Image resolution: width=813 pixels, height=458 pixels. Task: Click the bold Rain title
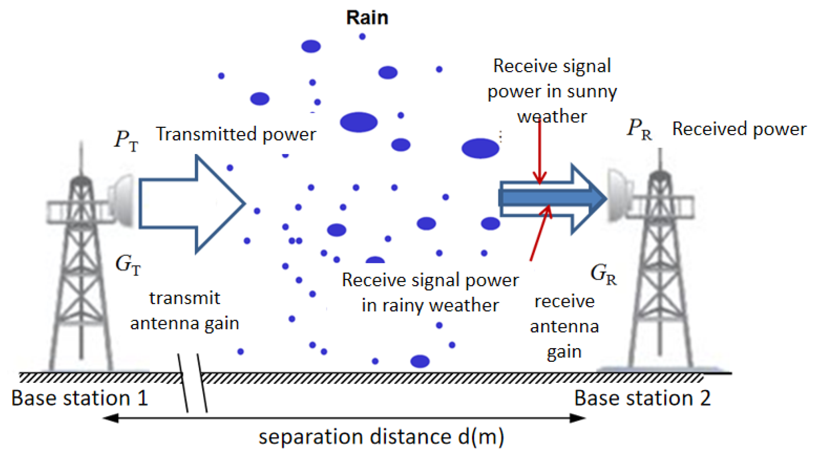pyautogui.click(x=367, y=17)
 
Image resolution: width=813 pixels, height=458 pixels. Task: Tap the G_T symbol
pyautogui.click(x=127, y=265)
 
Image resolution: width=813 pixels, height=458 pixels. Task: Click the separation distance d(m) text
pyautogui.click(x=381, y=437)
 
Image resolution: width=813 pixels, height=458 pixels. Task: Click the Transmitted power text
pyautogui.click(x=236, y=135)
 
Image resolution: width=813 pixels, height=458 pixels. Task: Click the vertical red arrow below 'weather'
pyautogui.click(x=540, y=151)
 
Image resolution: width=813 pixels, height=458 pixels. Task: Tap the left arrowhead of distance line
pyautogui.click(x=110, y=418)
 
